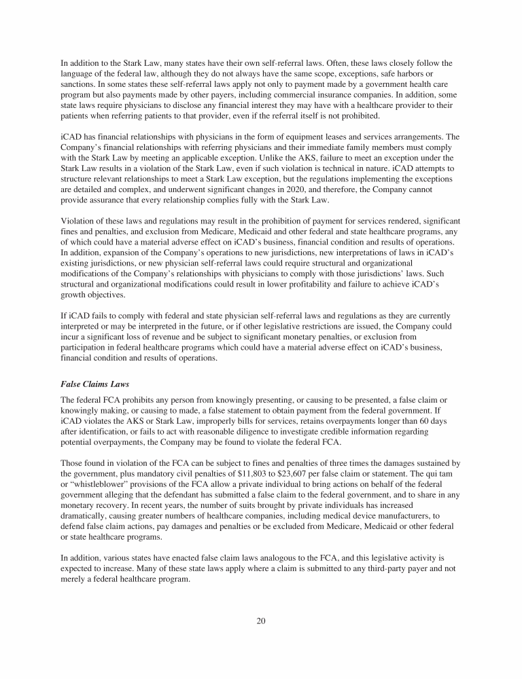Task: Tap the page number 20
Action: click(261, 620)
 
